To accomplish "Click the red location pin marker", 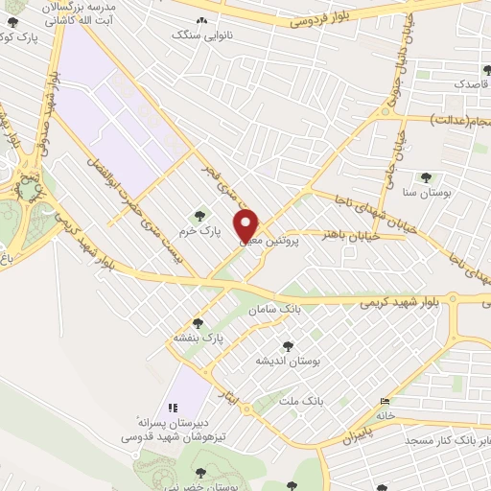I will point(248,225).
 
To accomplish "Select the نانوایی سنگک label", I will point(196,35).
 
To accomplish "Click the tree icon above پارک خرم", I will point(199,216).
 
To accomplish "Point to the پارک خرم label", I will point(199,232).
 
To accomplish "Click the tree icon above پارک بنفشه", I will point(198,323).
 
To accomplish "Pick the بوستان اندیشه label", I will point(286,361).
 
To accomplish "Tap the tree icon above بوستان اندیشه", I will point(286,345).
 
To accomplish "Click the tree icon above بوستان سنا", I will point(426,177).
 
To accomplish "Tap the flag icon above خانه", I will point(386,401).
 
